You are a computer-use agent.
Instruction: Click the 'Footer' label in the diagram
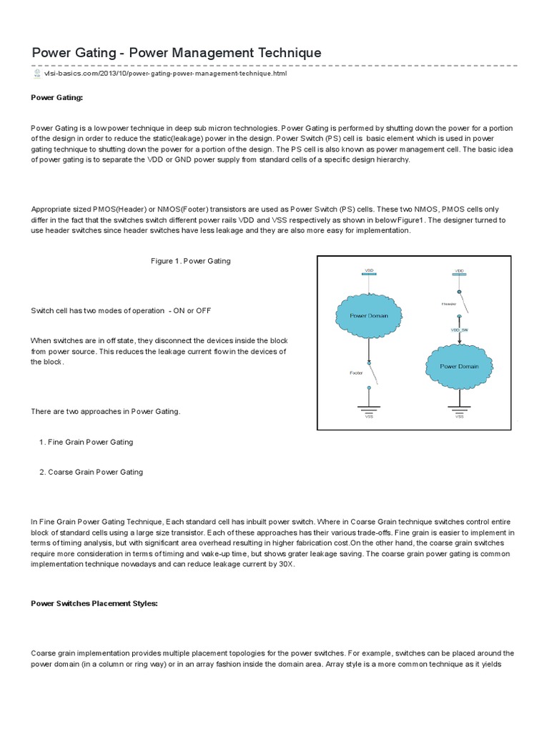[x=357, y=372]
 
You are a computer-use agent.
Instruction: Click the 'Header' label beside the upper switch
[x=448, y=303]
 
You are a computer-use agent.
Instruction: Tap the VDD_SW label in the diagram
[x=458, y=330]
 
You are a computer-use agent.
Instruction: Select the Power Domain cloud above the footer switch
[x=368, y=315]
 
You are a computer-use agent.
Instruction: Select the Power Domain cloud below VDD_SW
[x=459, y=366]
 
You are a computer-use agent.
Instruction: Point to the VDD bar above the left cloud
[x=369, y=274]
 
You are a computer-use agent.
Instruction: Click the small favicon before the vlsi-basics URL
[x=36, y=74]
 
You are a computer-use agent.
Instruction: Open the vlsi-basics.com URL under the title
[x=165, y=74]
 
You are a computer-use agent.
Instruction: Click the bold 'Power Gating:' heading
[x=57, y=97]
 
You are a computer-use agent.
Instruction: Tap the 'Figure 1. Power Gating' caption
[x=190, y=261]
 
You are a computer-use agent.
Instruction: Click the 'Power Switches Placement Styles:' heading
[x=94, y=603]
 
